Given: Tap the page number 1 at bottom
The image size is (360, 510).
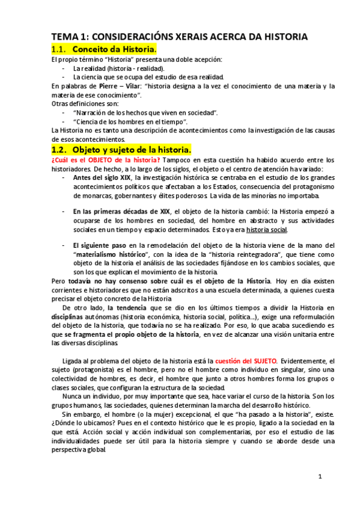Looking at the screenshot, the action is [x=320, y=477].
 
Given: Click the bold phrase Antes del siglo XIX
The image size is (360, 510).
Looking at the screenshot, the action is [x=102, y=177].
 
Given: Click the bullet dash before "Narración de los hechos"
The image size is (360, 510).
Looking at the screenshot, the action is [x=64, y=112].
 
